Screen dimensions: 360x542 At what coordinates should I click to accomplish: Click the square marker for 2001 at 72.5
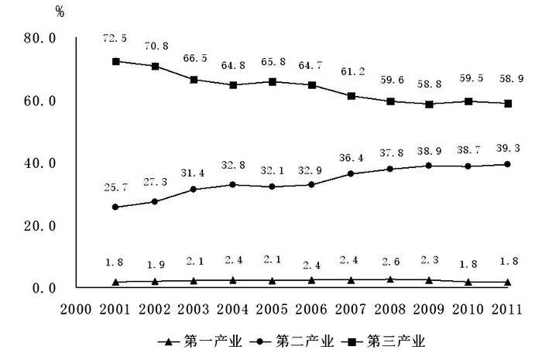(x=115, y=61)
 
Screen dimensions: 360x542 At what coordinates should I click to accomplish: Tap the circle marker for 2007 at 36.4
(x=352, y=173)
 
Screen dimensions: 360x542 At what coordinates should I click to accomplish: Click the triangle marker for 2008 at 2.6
(x=390, y=279)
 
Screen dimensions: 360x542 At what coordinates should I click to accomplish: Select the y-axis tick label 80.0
(x=39, y=39)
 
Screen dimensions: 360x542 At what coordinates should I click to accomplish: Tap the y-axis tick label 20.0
(x=39, y=226)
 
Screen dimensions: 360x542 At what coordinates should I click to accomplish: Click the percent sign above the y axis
(x=60, y=11)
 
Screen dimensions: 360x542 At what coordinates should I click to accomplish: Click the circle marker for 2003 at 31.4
(x=194, y=189)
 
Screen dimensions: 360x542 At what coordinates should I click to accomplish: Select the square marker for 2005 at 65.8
(x=273, y=81)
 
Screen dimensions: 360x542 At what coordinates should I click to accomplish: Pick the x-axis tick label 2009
(x=430, y=310)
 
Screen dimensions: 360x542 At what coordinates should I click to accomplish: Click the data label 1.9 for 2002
(x=155, y=264)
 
